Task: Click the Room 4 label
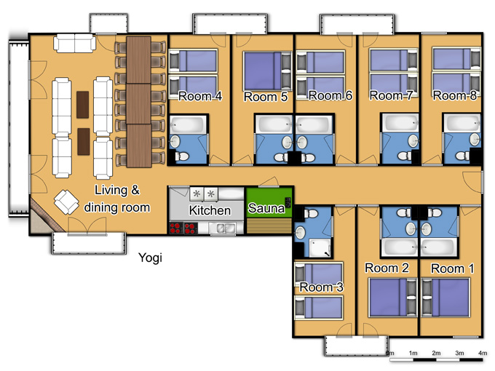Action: coord(200,96)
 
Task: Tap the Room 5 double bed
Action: coord(267,71)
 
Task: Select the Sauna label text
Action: coord(266,208)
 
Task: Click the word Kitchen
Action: coord(210,210)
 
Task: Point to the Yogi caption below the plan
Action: coord(150,258)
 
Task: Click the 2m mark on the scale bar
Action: coord(436,353)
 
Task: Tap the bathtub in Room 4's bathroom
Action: coord(188,124)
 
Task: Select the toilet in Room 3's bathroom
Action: coord(311,214)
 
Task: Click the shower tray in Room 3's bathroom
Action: coord(320,248)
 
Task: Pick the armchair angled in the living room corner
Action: coord(66,202)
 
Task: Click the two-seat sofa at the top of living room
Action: coord(74,43)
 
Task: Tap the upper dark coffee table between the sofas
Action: coord(83,105)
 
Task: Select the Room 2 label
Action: coord(387,268)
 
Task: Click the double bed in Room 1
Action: coord(445,298)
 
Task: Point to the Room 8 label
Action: coord(454,95)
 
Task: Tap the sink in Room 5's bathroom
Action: coord(287,143)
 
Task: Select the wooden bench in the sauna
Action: coord(269,226)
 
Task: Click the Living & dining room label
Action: coord(116,199)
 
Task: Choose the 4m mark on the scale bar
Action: coord(483,353)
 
